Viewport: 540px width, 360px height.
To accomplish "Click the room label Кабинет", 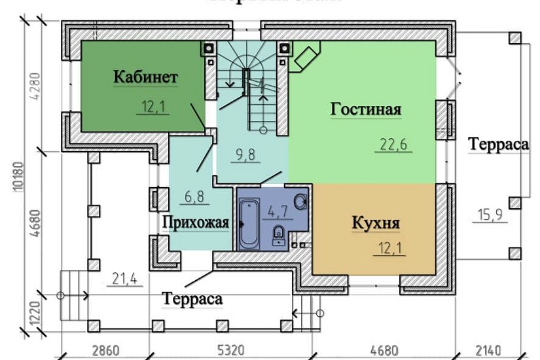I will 145,77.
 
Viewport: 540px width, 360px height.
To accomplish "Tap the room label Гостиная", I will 365,109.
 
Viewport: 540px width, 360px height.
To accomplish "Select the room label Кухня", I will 376,223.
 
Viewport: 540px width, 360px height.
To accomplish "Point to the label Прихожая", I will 196,223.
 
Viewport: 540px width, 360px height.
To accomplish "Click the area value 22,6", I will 395,145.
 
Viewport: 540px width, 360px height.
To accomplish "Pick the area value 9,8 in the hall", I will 246,155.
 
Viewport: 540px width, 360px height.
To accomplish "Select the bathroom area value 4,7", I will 276,212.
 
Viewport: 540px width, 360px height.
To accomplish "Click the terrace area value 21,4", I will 123,280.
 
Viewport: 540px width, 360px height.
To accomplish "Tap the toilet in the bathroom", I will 278,234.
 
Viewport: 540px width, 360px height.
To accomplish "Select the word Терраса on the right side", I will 498,145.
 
